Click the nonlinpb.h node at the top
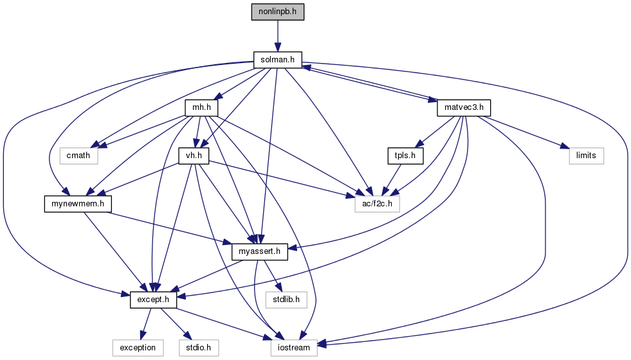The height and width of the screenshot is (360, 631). pos(277,12)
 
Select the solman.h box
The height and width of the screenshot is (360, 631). pos(277,60)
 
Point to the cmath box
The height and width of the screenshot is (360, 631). pos(78,155)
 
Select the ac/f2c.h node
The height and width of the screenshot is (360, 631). pos(377,203)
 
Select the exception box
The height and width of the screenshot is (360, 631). pos(138,347)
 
